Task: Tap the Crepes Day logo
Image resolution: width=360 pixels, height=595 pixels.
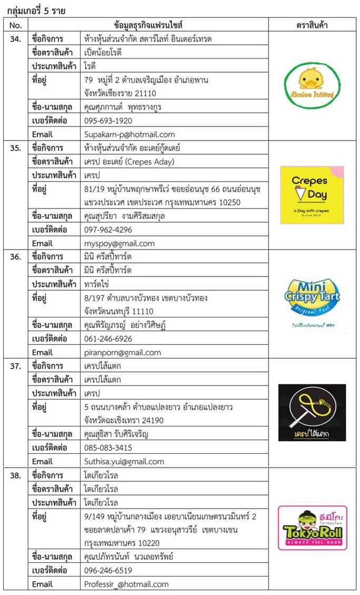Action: [x=312, y=195]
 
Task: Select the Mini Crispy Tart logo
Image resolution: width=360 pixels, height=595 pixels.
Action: [x=313, y=303]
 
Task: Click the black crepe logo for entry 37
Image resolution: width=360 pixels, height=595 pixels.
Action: [x=312, y=412]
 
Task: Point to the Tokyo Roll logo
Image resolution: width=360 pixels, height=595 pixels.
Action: [x=312, y=528]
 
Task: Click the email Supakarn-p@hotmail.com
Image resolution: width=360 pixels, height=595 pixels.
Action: [x=129, y=134]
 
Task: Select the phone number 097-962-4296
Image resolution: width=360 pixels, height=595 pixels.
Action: [x=108, y=230]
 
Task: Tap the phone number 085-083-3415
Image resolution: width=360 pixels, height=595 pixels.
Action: [x=108, y=448]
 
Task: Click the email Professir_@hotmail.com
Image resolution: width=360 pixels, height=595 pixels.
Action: [x=126, y=584]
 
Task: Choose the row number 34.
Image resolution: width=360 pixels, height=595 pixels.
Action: [x=16, y=39]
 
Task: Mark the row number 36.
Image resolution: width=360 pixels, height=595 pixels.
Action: [x=16, y=257]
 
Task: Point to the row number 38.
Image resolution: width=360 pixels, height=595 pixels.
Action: [x=16, y=475]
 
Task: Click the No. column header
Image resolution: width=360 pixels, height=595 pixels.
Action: [x=16, y=25]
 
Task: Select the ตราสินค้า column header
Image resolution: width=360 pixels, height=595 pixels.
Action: [x=312, y=25]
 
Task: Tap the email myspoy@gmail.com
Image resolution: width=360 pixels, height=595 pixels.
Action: [x=119, y=243]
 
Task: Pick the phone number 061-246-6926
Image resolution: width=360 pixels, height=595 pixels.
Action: [x=108, y=339]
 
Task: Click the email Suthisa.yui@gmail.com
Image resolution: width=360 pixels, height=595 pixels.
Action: [x=124, y=461]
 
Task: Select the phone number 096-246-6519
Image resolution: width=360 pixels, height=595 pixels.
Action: [x=108, y=570]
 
